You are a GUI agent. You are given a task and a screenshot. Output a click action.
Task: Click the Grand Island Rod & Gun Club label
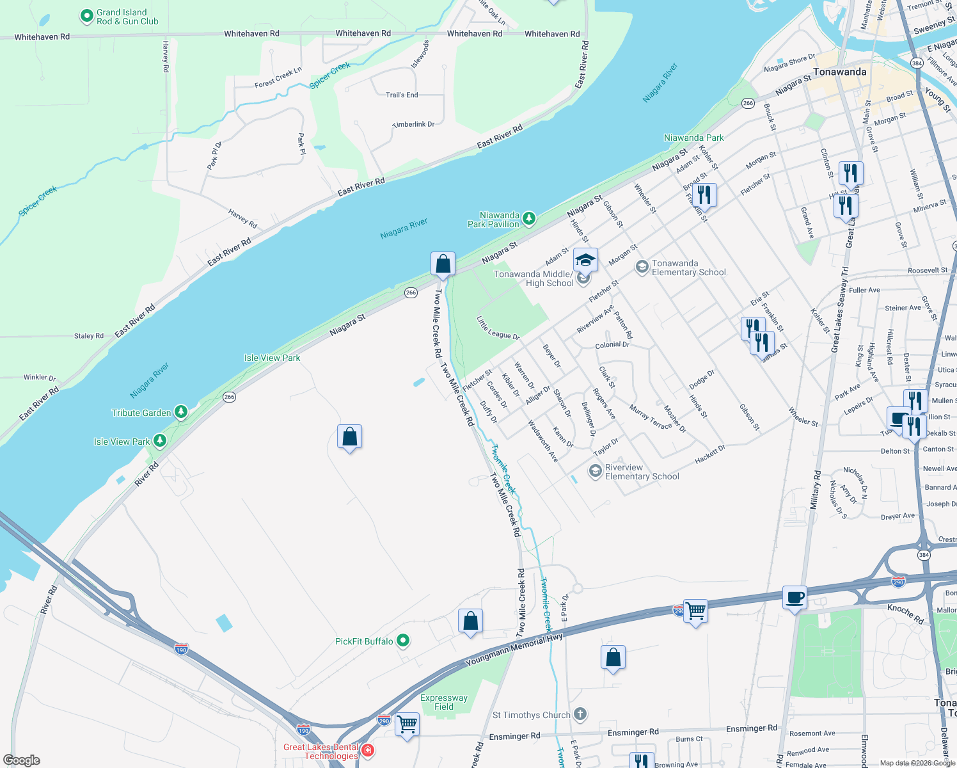(127, 17)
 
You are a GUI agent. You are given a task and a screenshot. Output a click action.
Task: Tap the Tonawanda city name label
(839, 72)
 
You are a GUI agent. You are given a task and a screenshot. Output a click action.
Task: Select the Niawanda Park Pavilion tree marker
(529, 219)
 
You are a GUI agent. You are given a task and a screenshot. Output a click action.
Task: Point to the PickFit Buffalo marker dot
(402, 640)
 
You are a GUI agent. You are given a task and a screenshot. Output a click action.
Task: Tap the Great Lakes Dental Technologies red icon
(367, 749)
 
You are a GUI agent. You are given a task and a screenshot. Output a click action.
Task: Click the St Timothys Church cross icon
(580, 714)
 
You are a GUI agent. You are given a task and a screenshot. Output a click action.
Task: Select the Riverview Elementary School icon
(596, 472)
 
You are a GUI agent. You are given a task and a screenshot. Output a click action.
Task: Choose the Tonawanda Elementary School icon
(642, 267)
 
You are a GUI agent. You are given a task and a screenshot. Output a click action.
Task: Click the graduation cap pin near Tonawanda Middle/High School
(585, 260)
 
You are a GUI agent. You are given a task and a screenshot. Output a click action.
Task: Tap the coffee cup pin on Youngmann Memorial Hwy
(795, 598)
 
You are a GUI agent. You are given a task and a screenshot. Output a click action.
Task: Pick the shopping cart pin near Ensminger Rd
(407, 724)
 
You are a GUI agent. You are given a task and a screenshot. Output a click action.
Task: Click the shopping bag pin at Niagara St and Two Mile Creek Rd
(443, 264)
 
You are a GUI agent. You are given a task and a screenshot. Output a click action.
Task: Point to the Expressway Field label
(443, 702)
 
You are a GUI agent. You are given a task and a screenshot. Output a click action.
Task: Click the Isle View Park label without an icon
(272, 358)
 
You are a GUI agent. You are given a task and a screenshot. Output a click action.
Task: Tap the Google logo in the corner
(21, 760)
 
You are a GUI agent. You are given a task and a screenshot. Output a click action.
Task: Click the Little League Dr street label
(498, 328)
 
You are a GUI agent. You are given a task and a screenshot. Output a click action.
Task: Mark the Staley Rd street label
(89, 335)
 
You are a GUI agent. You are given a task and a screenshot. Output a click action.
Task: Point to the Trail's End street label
(402, 95)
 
